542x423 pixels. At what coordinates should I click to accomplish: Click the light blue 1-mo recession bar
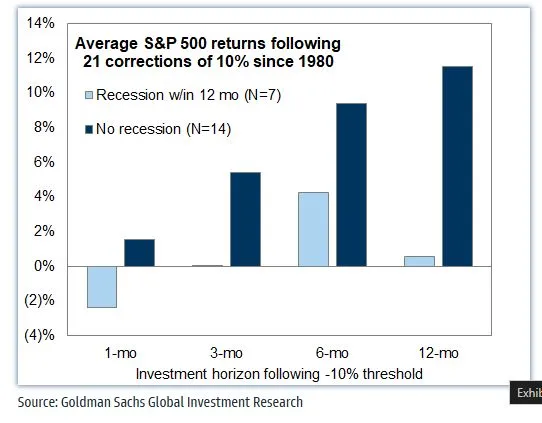coord(102,286)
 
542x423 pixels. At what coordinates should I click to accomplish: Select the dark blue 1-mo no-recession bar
coord(139,253)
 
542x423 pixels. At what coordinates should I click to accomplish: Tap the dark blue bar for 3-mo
coord(245,219)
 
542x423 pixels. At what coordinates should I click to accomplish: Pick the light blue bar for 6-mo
coord(313,229)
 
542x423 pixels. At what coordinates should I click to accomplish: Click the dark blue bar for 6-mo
coord(351,184)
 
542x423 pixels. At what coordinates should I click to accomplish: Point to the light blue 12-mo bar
coord(420,261)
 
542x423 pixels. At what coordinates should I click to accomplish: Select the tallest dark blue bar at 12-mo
coord(457,166)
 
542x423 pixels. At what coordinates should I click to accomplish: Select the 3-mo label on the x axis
coord(226,354)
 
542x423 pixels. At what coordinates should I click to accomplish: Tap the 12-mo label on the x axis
coord(439,354)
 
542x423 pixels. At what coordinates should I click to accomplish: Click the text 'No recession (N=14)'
coord(166,128)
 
